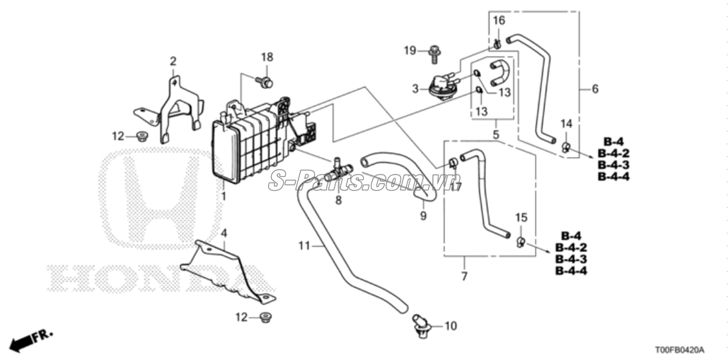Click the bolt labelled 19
(x=434, y=54)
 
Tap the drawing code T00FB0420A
(x=679, y=349)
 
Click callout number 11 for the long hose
(x=304, y=245)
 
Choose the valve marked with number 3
(x=443, y=86)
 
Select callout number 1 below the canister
(x=224, y=196)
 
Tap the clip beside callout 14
(x=566, y=148)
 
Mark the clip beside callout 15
(x=521, y=241)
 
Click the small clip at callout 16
(x=497, y=45)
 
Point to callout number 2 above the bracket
(x=173, y=62)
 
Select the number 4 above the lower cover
(x=224, y=233)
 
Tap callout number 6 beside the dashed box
(x=595, y=88)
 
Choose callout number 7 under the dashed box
(x=464, y=277)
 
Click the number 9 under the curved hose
(x=423, y=216)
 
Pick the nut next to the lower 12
(x=265, y=318)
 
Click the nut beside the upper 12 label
(x=142, y=137)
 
